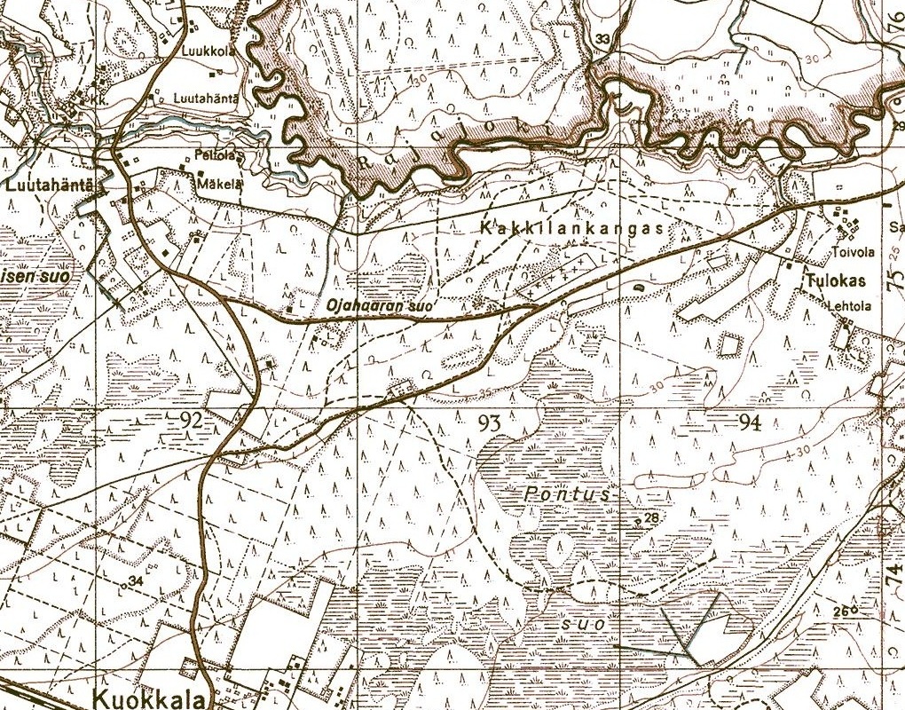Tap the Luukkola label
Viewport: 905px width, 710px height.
point(209,51)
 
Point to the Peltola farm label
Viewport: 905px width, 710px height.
point(220,155)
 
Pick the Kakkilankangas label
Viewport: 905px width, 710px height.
point(571,228)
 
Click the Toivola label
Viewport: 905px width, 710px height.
point(854,252)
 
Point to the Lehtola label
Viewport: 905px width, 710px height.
point(851,307)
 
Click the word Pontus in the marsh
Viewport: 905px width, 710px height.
point(567,494)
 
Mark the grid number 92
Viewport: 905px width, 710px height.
point(190,420)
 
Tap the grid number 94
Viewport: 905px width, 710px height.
point(749,423)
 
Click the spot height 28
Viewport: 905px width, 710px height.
point(652,518)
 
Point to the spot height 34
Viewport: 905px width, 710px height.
point(136,581)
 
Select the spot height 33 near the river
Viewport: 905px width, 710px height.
point(604,39)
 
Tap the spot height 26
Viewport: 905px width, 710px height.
point(841,611)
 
